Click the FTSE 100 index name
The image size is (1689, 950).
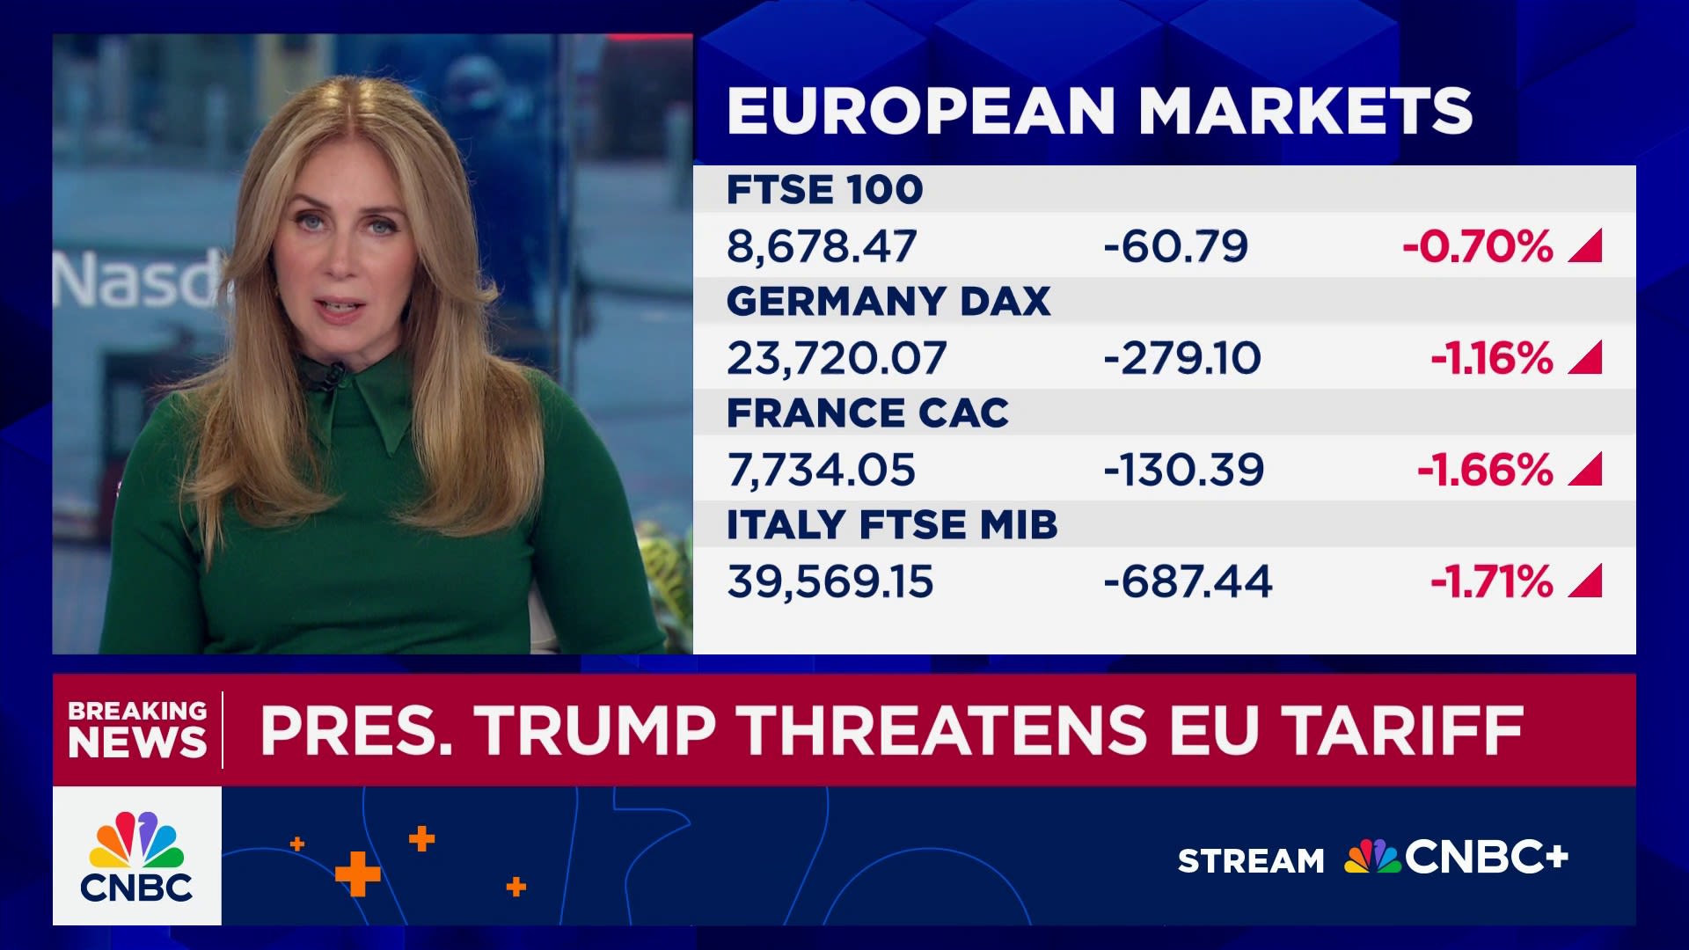[x=824, y=190]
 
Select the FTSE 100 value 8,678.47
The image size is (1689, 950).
[x=822, y=246]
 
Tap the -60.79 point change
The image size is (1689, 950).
[x=1175, y=246]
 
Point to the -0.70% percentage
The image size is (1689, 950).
[x=1478, y=246]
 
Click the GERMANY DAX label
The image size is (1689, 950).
[x=888, y=302]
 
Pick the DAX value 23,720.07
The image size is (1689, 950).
[x=837, y=358]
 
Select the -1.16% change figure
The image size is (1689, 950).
[x=1492, y=358]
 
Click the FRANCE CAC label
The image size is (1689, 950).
[x=867, y=413]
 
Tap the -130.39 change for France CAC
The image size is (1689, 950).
[x=1183, y=470]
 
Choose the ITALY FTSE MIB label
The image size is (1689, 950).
[x=892, y=525]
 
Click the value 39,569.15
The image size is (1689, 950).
[x=830, y=581]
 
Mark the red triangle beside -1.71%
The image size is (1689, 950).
[x=1587, y=582]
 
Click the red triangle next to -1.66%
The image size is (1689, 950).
[x=1587, y=471]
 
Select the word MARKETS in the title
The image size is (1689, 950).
[x=1305, y=112]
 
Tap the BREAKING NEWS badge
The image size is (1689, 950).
[x=137, y=729]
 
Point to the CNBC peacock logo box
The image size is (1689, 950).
[x=136, y=856]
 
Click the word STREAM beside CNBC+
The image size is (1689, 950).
[x=1250, y=860]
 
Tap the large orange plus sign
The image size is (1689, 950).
[x=358, y=873]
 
